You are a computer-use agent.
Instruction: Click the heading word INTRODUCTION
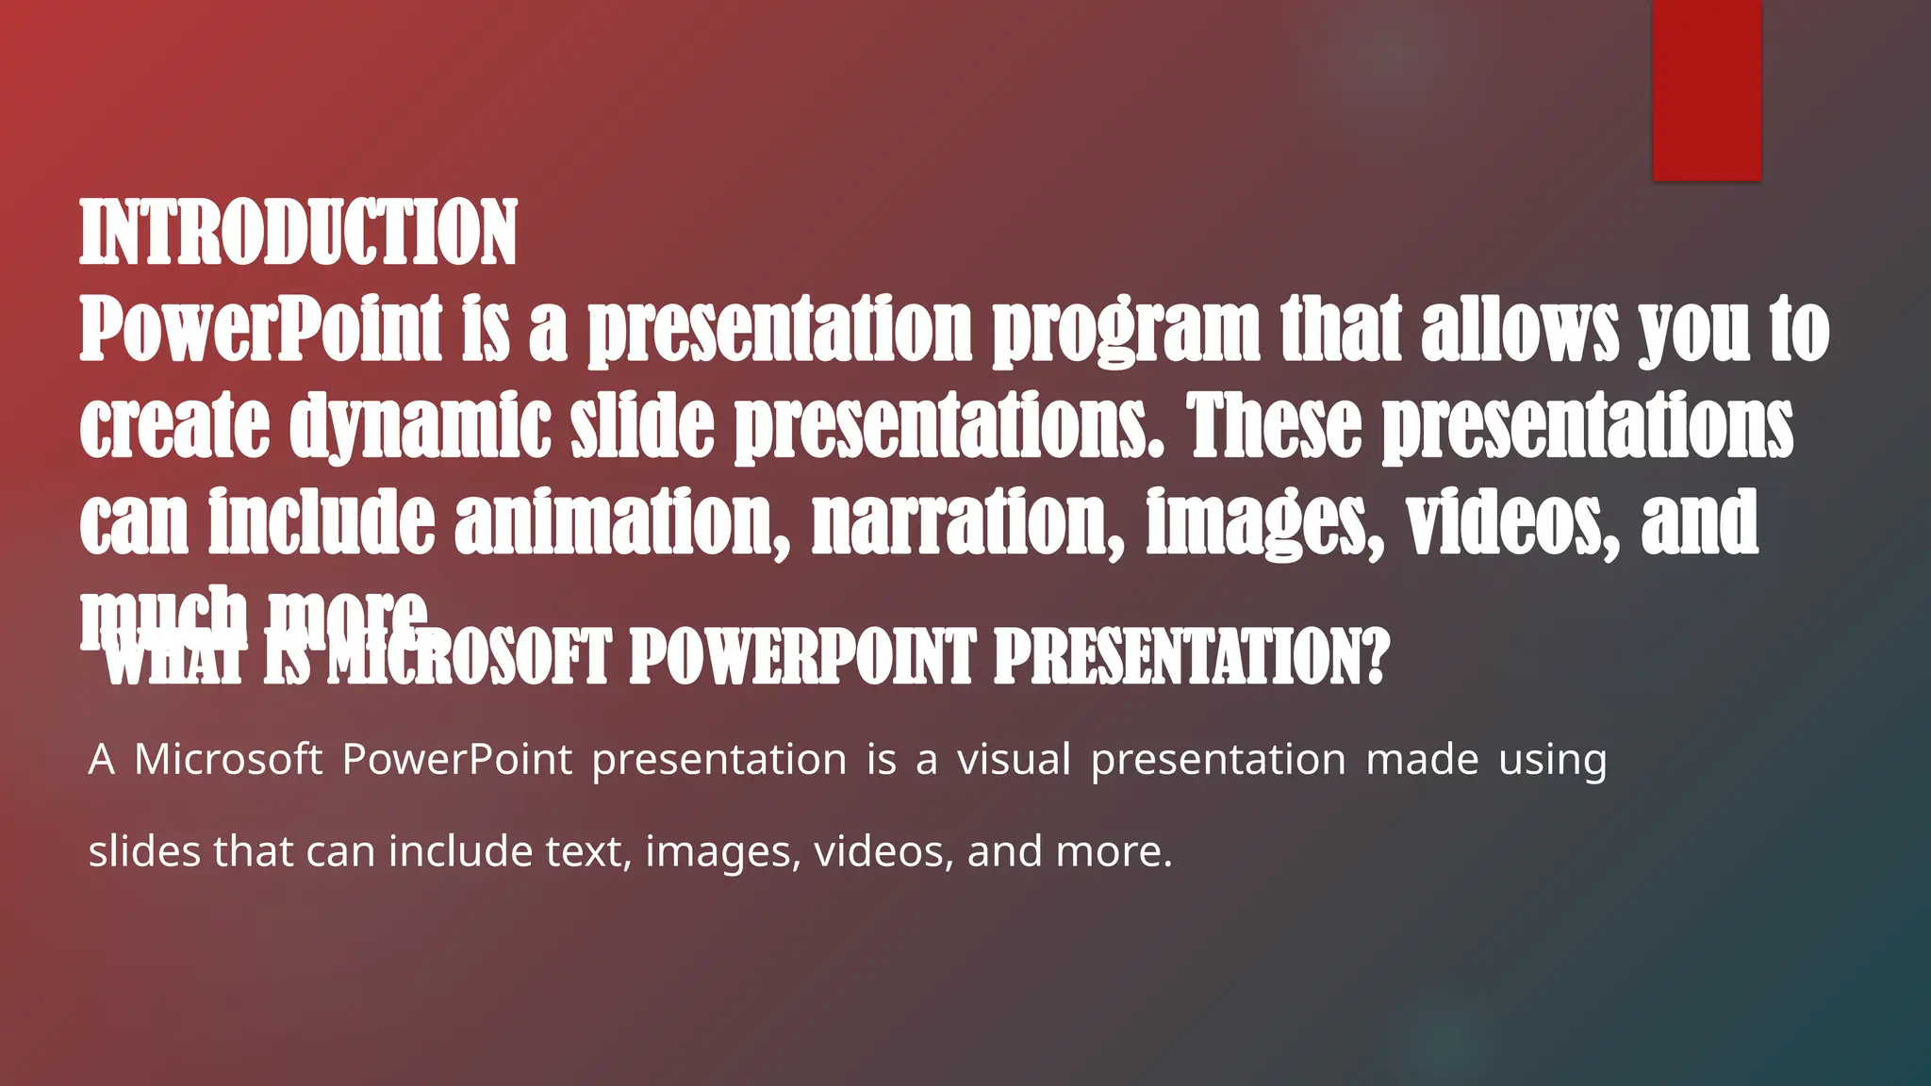(298, 233)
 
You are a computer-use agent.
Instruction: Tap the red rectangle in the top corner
(1707, 90)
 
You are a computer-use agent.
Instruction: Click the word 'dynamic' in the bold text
(420, 426)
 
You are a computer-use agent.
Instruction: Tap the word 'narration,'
(967, 523)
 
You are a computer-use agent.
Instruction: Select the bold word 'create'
(174, 426)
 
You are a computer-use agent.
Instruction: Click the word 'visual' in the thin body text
(1015, 759)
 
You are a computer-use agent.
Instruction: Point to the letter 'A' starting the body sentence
(102, 759)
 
